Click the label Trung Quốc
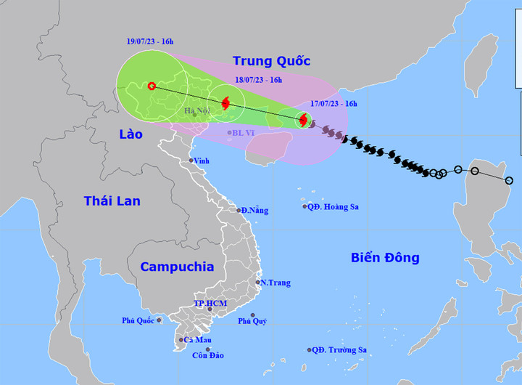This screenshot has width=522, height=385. (x=271, y=60)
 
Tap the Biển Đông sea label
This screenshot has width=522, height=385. (x=385, y=258)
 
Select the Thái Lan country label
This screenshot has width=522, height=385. (x=112, y=200)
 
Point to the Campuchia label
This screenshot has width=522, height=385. (x=177, y=267)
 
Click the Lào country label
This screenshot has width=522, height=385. (x=132, y=134)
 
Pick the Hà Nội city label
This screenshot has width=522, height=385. (x=197, y=111)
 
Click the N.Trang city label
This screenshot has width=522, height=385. (x=275, y=283)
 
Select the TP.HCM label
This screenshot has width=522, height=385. (x=210, y=303)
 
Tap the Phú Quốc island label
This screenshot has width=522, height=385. (x=138, y=320)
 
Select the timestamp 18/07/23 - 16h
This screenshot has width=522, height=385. (x=259, y=81)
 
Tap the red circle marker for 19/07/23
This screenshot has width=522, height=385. (x=152, y=86)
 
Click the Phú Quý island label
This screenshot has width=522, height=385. (x=253, y=320)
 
